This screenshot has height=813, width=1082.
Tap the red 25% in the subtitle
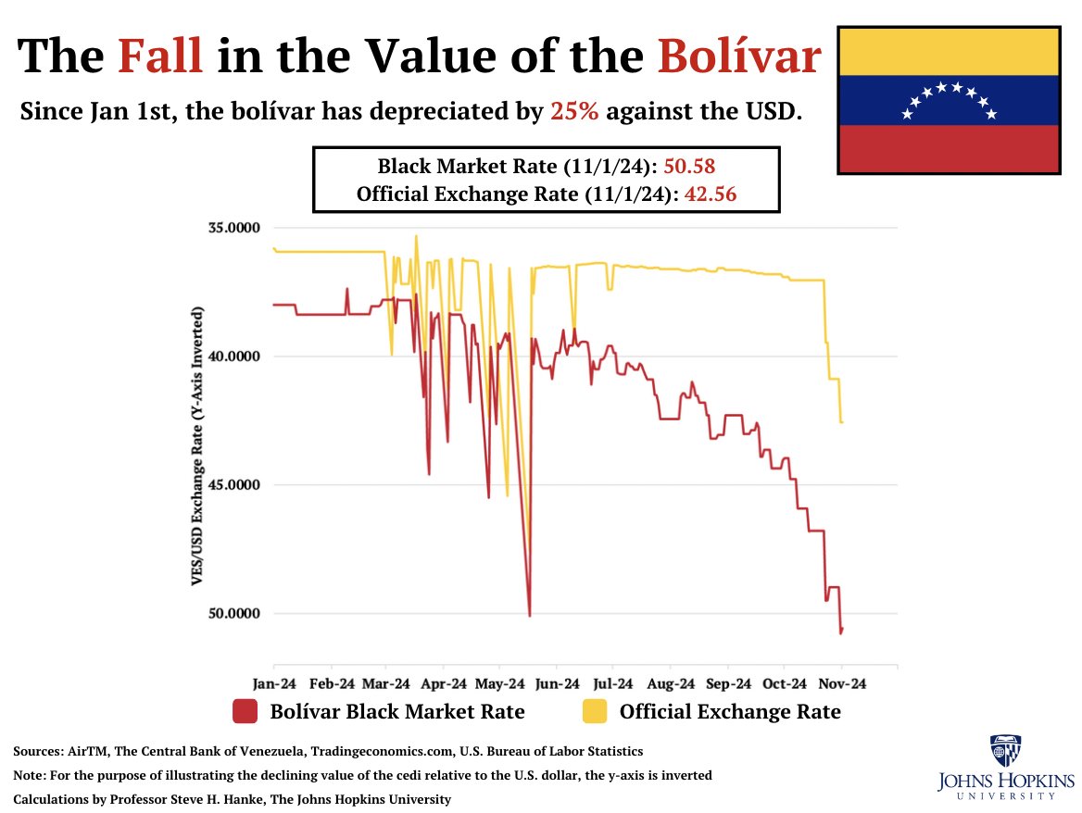pos(573,112)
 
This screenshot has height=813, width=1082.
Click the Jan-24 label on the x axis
pos(274,684)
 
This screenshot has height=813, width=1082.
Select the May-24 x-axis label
pos(500,684)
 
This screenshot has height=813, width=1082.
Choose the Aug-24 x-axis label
pos(671,684)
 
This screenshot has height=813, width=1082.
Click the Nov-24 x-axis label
pos(842,684)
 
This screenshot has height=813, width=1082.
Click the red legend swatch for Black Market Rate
pos(245,711)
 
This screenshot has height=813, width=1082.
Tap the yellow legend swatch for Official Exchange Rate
pos(594,711)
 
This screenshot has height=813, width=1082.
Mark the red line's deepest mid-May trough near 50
pos(529,615)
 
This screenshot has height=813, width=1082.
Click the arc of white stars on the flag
pos(950,98)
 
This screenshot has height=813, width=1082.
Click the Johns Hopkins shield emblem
pos(1005,752)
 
